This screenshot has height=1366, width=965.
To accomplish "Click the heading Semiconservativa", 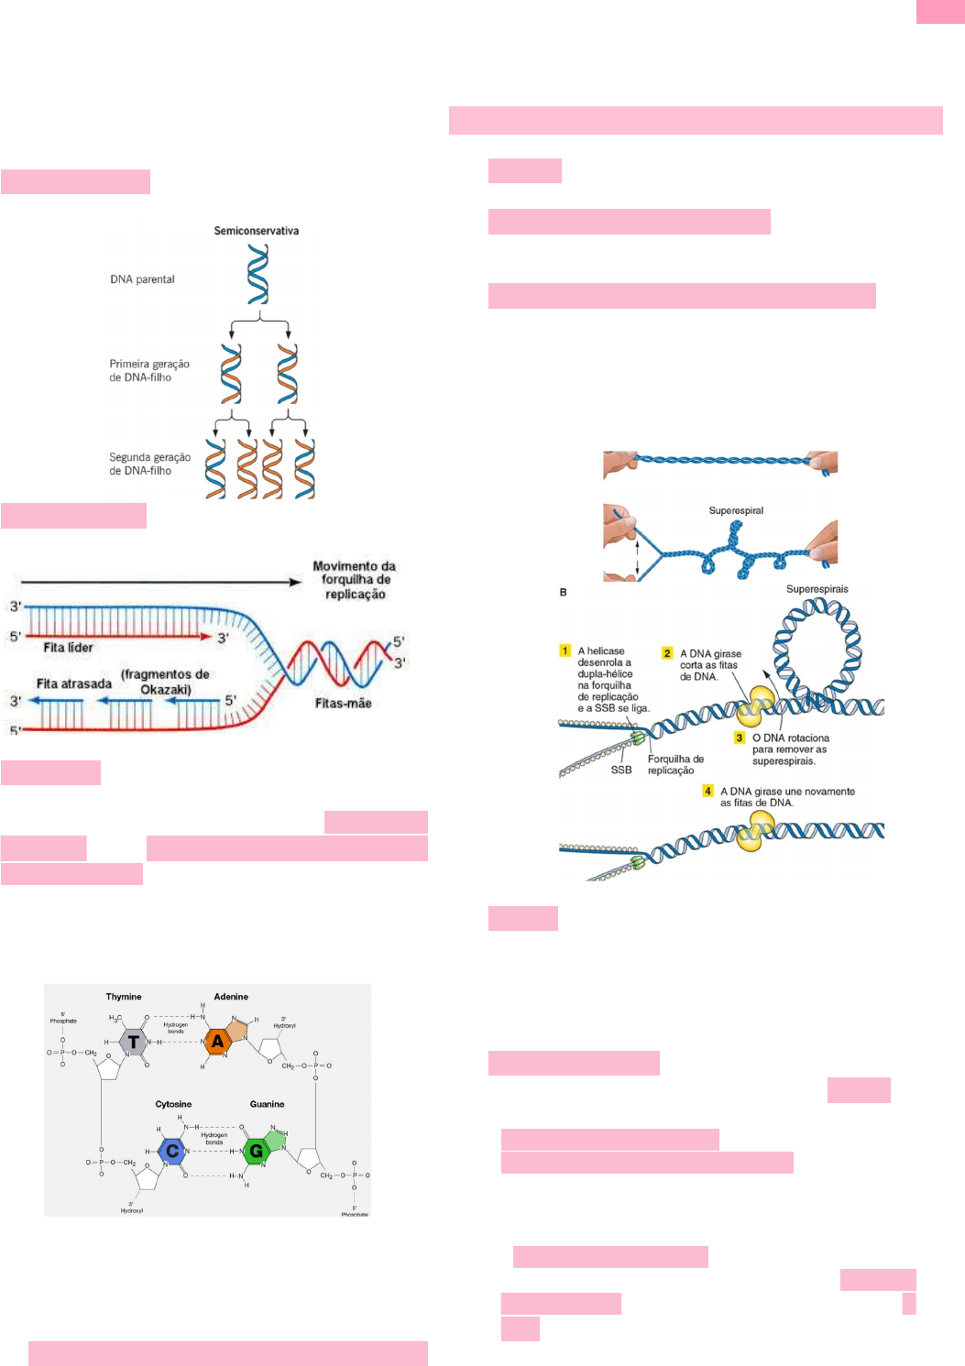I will tap(256, 231).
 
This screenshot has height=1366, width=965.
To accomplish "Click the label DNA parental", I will tap(142, 279).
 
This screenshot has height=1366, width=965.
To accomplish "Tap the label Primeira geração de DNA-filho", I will tap(149, 370).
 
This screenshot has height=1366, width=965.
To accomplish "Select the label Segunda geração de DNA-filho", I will tap(149, 464).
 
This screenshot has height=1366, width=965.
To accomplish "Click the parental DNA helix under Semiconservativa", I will tap(258, 275).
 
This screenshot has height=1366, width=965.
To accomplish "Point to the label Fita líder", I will tap(68, 648).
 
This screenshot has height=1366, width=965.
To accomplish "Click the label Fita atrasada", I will tap(73, 683).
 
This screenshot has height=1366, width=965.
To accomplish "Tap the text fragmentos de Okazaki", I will tap(165, 682).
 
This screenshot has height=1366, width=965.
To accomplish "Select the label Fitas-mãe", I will tap(343, 704).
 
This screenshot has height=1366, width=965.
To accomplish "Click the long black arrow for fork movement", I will tap(160, 582).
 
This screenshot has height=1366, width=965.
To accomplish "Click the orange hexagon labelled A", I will tap(217, 1042).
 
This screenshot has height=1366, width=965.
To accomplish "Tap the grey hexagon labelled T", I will tap(134, 1042).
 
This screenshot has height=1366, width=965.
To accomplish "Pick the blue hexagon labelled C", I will tap(172, 1151).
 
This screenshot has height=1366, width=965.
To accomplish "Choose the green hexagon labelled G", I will tap(256, 1151).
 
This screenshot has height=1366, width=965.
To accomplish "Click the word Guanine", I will tap(267, 1104).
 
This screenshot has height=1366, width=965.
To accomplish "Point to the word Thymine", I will tap(124, 997).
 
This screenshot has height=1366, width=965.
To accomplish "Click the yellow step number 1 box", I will tap(565, 650).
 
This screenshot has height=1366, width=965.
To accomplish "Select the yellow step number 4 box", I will tap(707, 791).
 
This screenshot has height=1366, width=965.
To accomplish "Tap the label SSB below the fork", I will tap(621, 770).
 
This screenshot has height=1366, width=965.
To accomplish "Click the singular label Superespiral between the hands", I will tap(736, 510).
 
